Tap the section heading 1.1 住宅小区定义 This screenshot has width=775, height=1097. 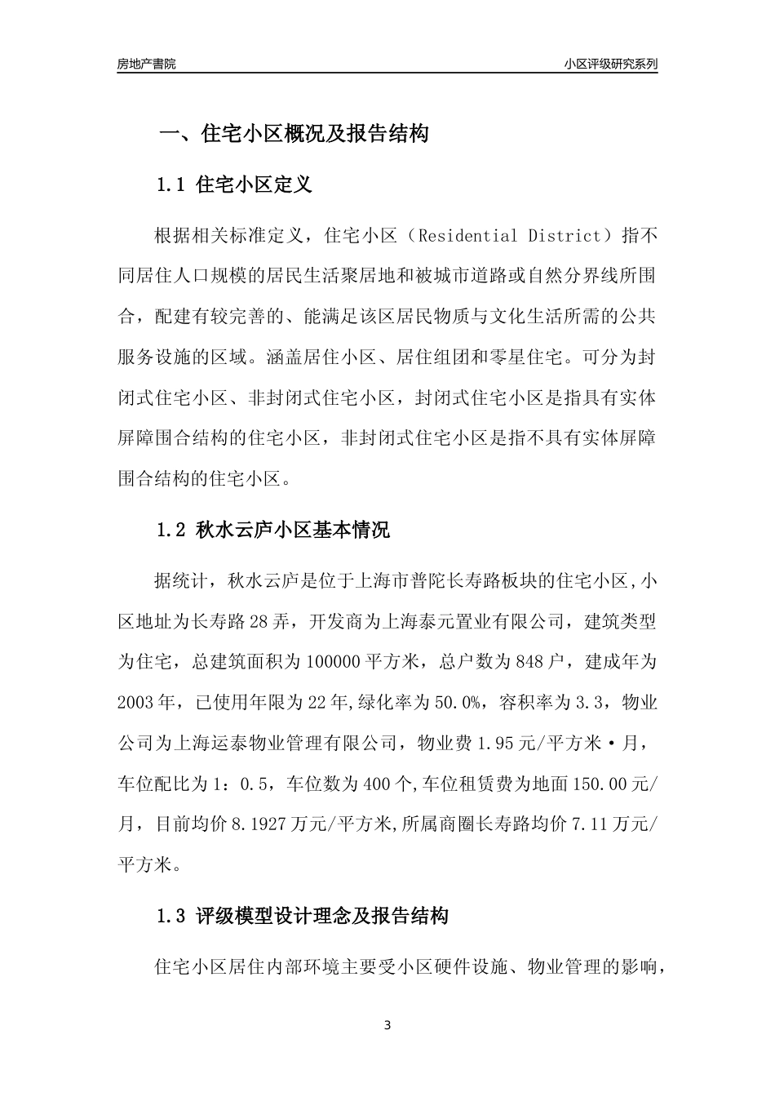234,185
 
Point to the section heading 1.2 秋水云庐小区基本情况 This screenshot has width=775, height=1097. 272,531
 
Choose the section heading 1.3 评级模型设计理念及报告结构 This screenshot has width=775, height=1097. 302,916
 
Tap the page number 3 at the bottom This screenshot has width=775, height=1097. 387,1025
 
